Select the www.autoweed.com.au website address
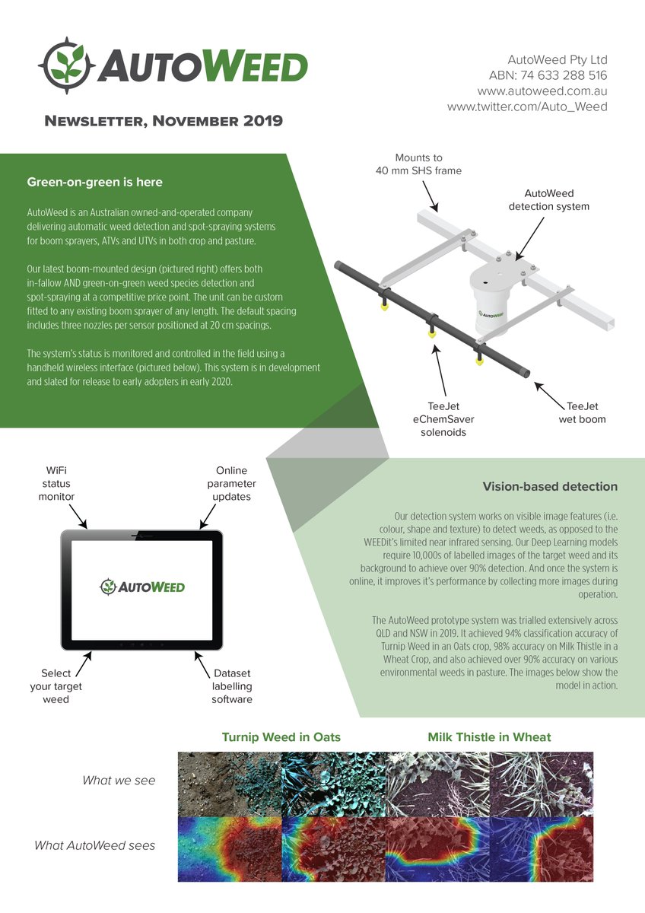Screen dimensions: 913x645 542,91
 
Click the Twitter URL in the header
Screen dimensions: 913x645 527,107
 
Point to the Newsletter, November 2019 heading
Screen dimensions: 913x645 164,121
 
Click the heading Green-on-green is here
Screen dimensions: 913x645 94,183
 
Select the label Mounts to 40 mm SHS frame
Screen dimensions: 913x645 418,164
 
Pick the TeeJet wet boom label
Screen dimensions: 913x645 586,412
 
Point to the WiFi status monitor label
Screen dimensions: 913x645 58,484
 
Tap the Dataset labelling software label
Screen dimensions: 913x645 232,686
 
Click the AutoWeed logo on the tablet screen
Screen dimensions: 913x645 142,587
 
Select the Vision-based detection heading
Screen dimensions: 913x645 550,487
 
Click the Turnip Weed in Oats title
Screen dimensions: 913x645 281,737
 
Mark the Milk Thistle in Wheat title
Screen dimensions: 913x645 489,737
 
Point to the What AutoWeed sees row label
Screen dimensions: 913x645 94,845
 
